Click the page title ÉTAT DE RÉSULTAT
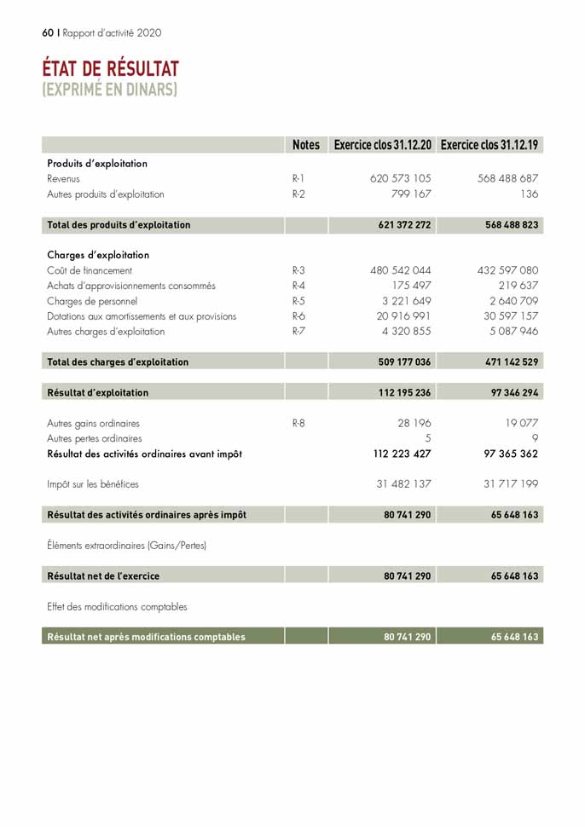pos(111,68)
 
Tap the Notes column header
pos(305,145)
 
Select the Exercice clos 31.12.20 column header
pos(383,145)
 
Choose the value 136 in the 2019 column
pos(529,194)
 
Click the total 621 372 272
pos(404,225)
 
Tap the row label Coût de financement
pos(90,270)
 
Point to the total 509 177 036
pos(404,362)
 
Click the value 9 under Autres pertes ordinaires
pos(534,438)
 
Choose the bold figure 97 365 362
pos(505,454)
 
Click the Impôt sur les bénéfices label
pos(93,484)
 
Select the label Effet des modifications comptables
pos(117,607)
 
